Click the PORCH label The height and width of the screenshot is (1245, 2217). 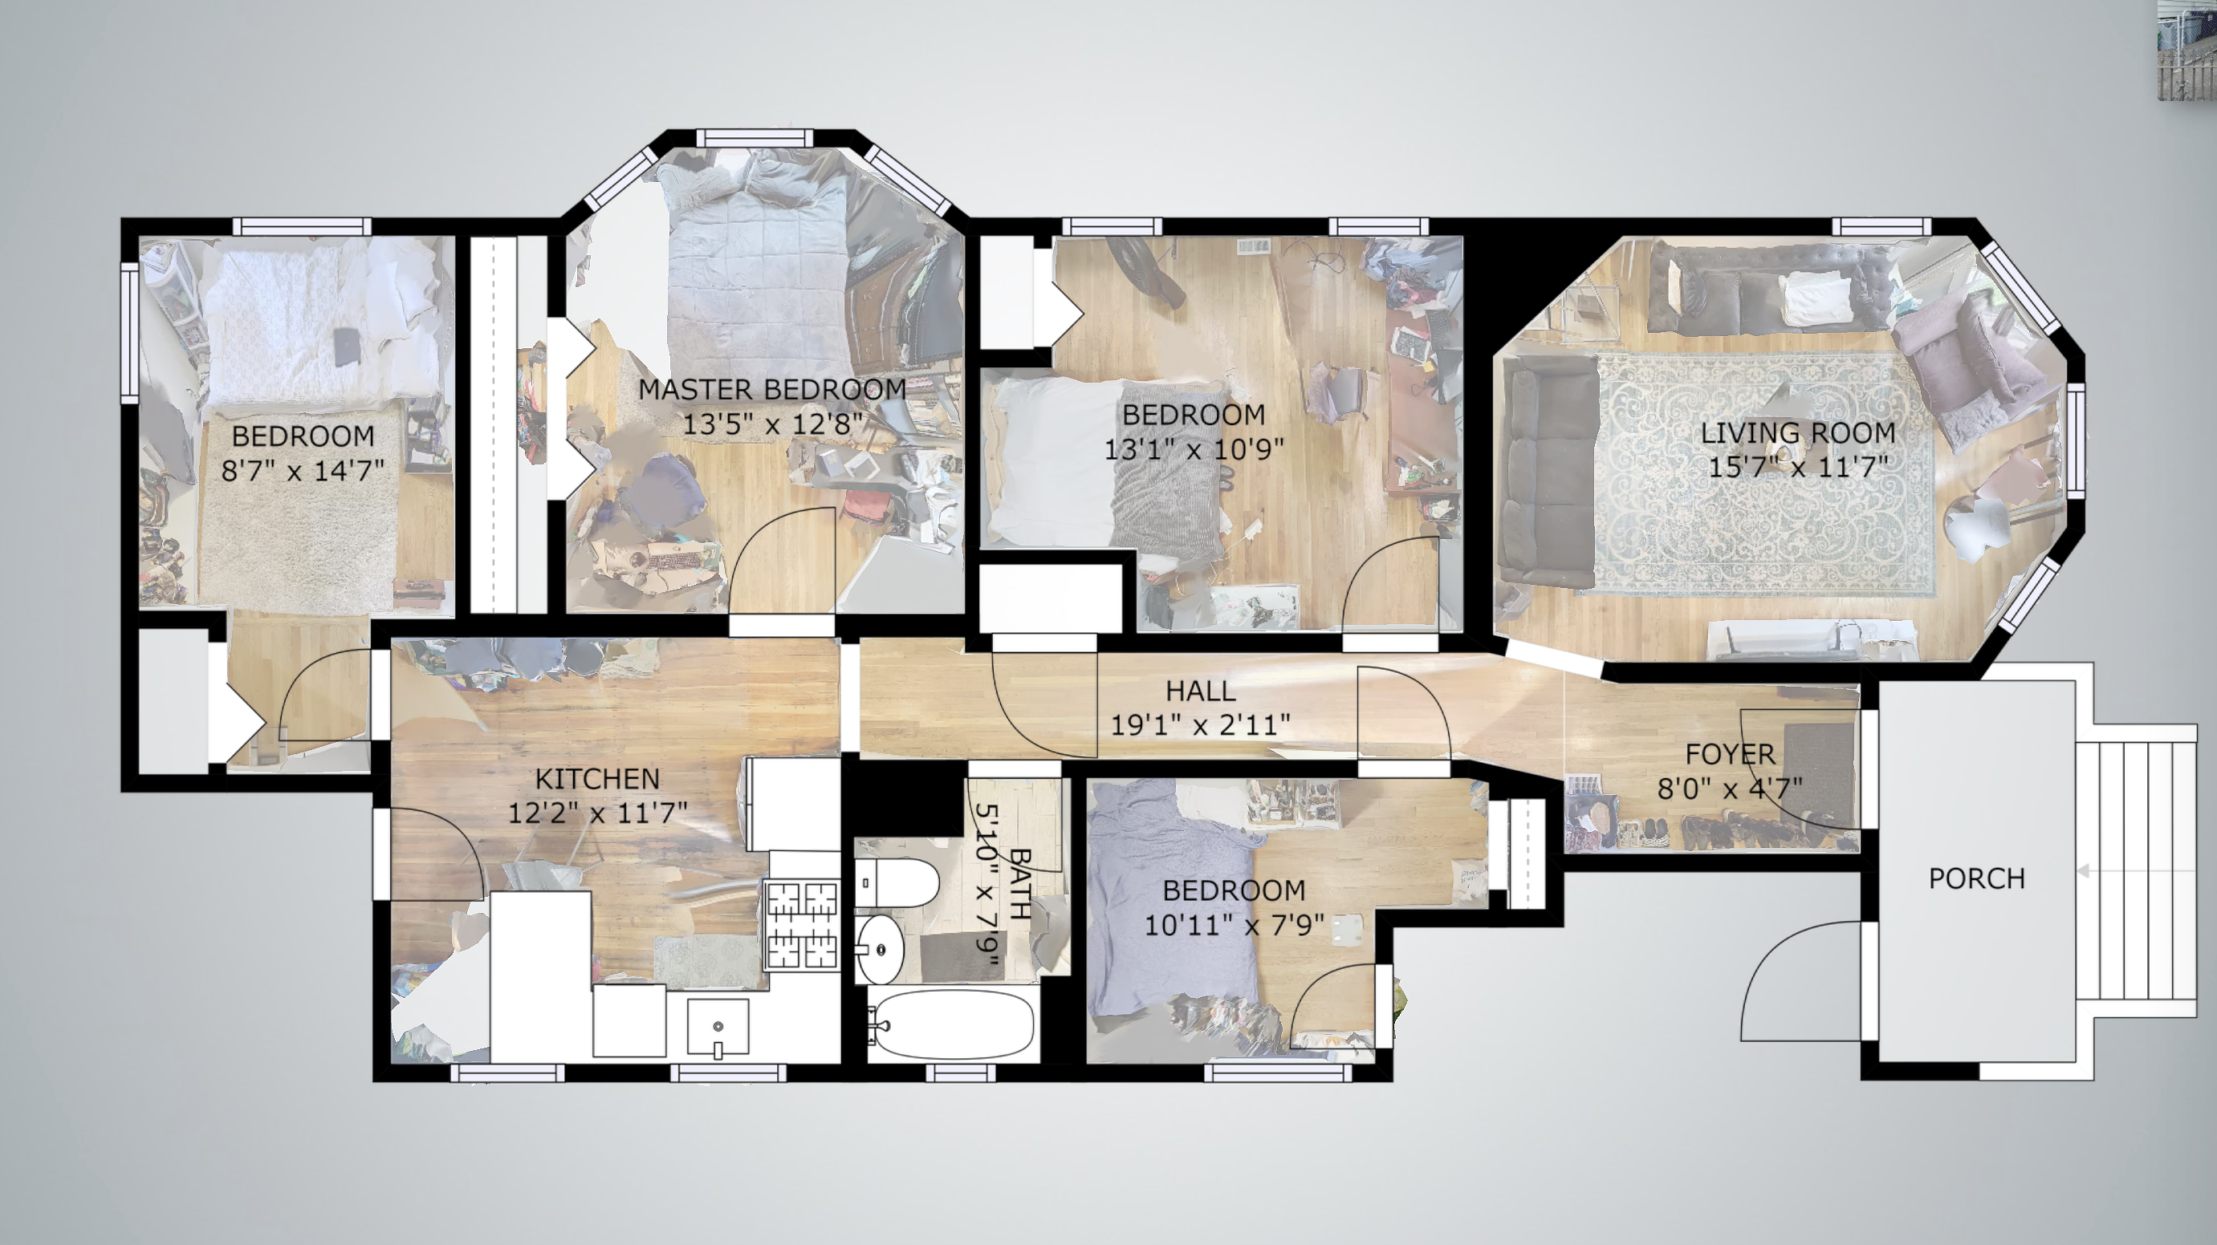click(1976, 878)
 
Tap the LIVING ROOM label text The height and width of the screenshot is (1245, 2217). click(1798, 432)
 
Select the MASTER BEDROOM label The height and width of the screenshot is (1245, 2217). click(772, 390)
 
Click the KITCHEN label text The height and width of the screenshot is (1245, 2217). click(597, 779)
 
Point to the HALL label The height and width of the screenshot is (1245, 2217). click(1201, 691)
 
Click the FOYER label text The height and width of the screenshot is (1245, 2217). click(1730, 755)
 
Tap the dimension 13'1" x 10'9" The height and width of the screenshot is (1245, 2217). click(1194, 449)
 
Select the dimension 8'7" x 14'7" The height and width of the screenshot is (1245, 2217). click(302, 471)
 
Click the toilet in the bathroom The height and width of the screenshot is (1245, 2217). click(897, 882)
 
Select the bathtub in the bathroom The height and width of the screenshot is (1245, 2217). click(950, 1025)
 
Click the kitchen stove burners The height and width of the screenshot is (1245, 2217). click(802, 926)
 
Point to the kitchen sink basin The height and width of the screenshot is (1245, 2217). click(718, 1028)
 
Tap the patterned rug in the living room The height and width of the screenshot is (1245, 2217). click(1764, 473)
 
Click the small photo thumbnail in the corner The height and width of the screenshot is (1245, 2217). click(2186, 51)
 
